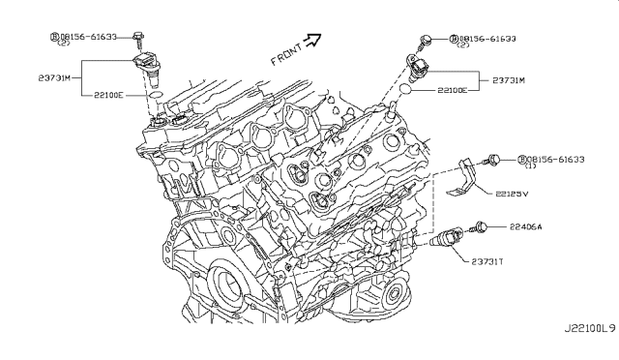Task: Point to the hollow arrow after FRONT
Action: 311,40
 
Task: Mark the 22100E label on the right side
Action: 452,89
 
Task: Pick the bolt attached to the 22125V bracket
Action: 493,159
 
